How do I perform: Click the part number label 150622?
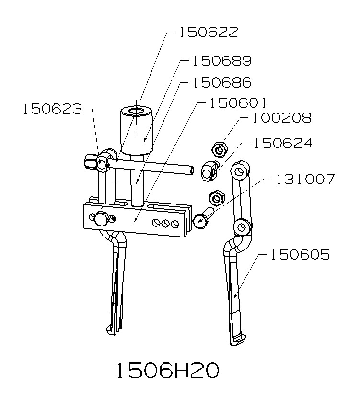point(209,33)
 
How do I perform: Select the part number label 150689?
point(222,61)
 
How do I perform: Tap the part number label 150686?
point(222,82)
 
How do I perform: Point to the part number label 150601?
point(235,103)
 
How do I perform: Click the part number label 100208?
point(282,118)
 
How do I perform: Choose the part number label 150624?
point(282,143)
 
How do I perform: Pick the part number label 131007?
point(304,180)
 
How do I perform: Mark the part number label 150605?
point(300,255)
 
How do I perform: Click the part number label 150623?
point(52,109)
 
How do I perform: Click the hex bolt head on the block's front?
point(101,220)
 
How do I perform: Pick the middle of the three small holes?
point(166,223)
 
